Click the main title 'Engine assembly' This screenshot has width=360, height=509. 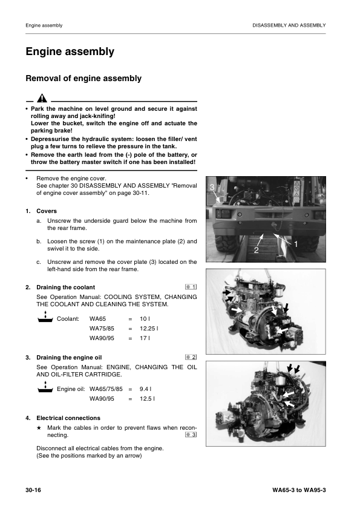pyautogui.click(x=70, y=51)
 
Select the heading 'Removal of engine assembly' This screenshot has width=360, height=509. pyautogui.click(x=83, y=78)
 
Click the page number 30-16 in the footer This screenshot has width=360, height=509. pyautogui.click(x=33, y=490)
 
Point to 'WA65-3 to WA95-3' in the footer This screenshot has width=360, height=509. pyautogui.click(x=299, y=490)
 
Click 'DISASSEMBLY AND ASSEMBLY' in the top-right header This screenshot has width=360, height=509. pyautogui.click(x=289, y=25)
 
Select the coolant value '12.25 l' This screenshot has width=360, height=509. pyautogui.click(x=149, y=329)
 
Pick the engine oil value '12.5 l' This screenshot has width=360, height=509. pyautogui.click(x=147, y=399)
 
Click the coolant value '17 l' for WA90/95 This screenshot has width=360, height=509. pyautogui.click(x=145, y=338)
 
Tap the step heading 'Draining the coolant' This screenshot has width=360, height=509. pyautogui.click(x=65, y=287)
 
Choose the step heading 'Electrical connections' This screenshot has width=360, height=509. pyautogui.click(x=68, y=418)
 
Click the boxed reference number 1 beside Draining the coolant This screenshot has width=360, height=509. pyautogui.click(x=191, y=287)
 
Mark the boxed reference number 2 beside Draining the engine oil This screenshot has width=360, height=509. pyautogui.click(x=191, y=357)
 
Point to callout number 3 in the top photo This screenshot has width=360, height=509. pyautogui.click(x=212, y=187)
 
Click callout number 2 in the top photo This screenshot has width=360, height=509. pyautogui.click(x=256, y=250)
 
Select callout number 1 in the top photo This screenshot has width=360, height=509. pyautogui.click(x=296, y=244)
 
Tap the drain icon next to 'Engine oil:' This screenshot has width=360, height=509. pyautogui.click(x=45, y=387)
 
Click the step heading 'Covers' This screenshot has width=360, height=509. pyautogui.click(x=47, y=211)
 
